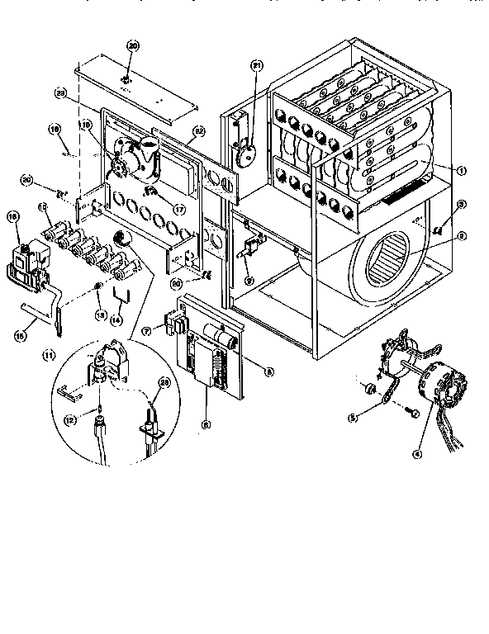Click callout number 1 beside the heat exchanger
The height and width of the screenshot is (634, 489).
point(462,170)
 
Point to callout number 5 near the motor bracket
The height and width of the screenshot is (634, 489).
point(353,419)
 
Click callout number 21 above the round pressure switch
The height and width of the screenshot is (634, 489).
point(256,65)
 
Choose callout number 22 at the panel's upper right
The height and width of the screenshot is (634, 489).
point(198,131)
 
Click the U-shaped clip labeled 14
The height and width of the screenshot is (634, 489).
point(120,296)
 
